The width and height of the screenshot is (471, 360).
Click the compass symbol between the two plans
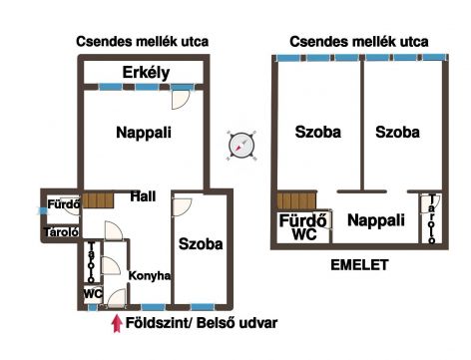click(x=241, y=146)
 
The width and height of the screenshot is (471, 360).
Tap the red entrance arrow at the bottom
click(x=116, y=324)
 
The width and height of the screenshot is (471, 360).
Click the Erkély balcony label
click(x=146, y=73)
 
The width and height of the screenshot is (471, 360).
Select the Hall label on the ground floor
click(x=143, y=196)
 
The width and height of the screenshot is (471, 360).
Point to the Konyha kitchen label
click(x=150, y=275)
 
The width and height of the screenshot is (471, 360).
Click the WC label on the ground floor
click(x=93, y=294)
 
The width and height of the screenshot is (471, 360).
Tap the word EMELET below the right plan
click(x=359, y=265)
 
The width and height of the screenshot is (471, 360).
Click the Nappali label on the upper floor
click(x=376, y=220)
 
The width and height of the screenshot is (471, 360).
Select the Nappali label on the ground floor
click(x=144, y=133)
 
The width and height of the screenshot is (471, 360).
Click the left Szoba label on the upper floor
click(x=318, y=132)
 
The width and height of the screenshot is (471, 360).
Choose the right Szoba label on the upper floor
click(x=397, y=132)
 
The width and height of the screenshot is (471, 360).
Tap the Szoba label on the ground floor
click(x=201, y=244)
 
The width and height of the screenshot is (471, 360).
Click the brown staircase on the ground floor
click(x=98, y=200)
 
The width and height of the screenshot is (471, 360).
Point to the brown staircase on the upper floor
click(x=296, y=200)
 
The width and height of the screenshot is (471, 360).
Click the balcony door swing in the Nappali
click(x=181, y=99)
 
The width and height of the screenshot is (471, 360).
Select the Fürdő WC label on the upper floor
click(x=303, y=227)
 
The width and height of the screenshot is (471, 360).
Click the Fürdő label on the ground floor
click(x=64, y=204)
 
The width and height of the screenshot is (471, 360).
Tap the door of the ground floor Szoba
click(x=182, y=206)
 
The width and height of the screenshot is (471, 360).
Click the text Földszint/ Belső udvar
click(x=202, y=323)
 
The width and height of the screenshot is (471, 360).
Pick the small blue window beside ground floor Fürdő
click(x=42, y=210)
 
